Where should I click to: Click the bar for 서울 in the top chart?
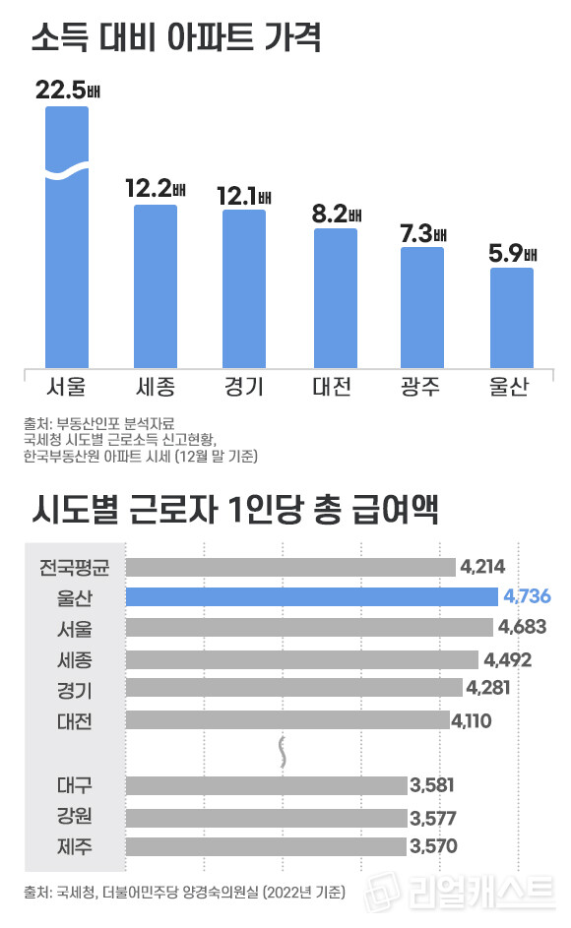coord(67,236)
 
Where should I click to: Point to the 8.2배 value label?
coord(336,213)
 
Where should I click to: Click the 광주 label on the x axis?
coord(421,386)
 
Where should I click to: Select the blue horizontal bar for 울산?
coord(312,596)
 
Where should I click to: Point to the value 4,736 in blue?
coord(526,596)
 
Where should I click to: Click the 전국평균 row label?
coord(76,567)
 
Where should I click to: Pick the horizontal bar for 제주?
coord(266,846)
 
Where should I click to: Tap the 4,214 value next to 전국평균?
coord(482,567)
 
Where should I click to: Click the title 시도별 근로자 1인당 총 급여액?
coord(233,512)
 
